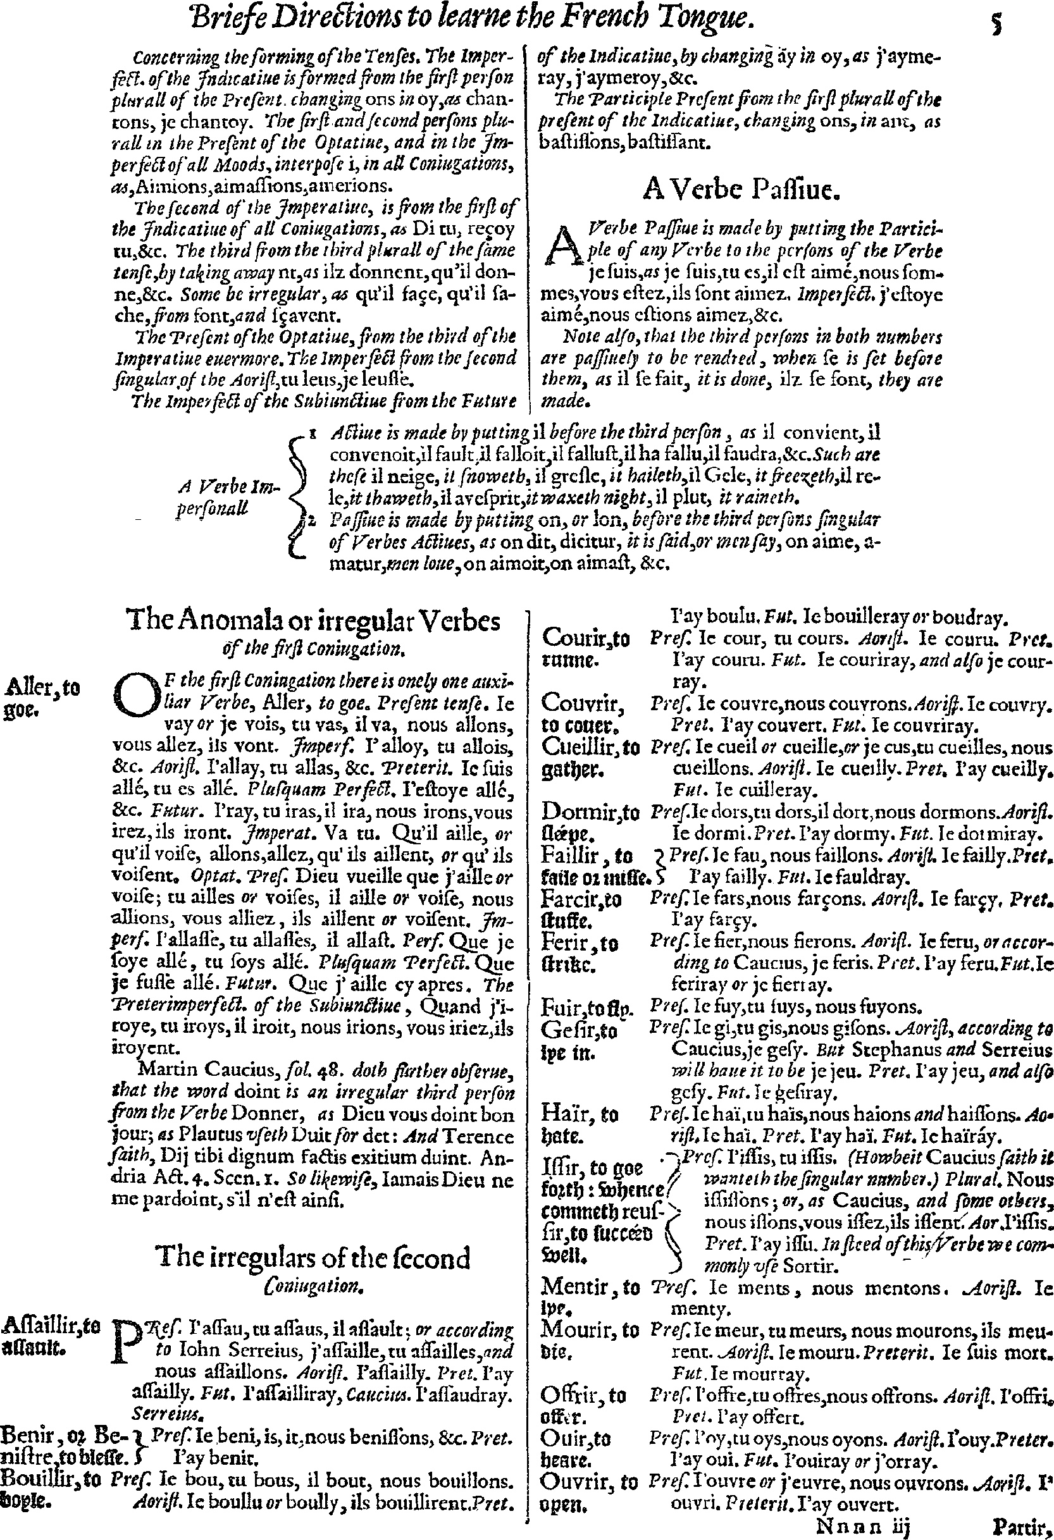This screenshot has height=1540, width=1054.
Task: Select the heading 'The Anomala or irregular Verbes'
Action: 314,622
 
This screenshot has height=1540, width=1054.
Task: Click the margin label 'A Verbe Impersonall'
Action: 228,498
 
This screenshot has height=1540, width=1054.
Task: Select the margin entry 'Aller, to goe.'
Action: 41,698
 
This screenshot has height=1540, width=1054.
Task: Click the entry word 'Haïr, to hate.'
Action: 580,1124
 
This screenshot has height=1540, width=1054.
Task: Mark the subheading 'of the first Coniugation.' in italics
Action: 314,650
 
